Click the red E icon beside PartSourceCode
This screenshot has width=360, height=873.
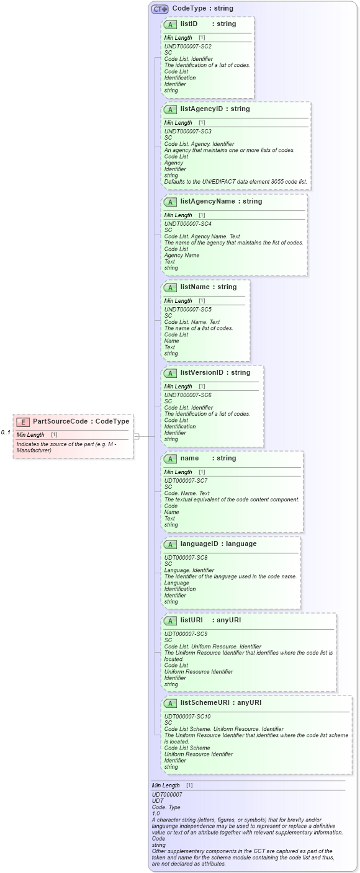(23, 422)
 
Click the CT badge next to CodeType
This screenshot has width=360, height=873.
(160, 9)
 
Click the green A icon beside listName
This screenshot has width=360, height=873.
(170, 288)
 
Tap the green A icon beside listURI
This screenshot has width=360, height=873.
(170, 621)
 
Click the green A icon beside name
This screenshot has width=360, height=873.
(170, 459)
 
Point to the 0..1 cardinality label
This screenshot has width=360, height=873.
(6, 432)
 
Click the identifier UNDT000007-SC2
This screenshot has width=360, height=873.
(187, 47)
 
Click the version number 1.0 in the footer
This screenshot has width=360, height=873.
(156, 813)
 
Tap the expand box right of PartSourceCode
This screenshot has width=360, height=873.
(136, 436)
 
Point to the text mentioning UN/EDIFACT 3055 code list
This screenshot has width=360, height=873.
(235, 182)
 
